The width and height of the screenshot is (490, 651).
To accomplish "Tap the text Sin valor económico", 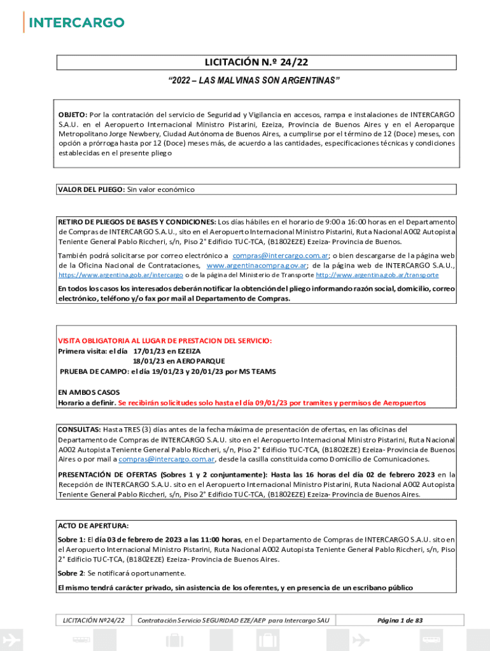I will point(161,189).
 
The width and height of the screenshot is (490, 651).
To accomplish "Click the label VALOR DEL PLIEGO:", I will point(92,189).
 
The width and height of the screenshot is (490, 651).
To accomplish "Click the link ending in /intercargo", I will point(121,275).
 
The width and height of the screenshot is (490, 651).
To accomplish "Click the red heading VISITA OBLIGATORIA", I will point(165,341).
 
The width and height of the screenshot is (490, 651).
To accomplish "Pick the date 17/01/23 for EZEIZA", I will point(147,351).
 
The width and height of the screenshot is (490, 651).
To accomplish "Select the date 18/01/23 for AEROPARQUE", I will point(147,360).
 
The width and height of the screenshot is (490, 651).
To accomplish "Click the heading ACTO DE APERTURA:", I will point(93,526).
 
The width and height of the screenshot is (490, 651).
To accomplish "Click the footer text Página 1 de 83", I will point(400,620).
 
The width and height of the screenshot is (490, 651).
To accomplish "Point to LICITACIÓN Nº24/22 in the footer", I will point(94,620).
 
